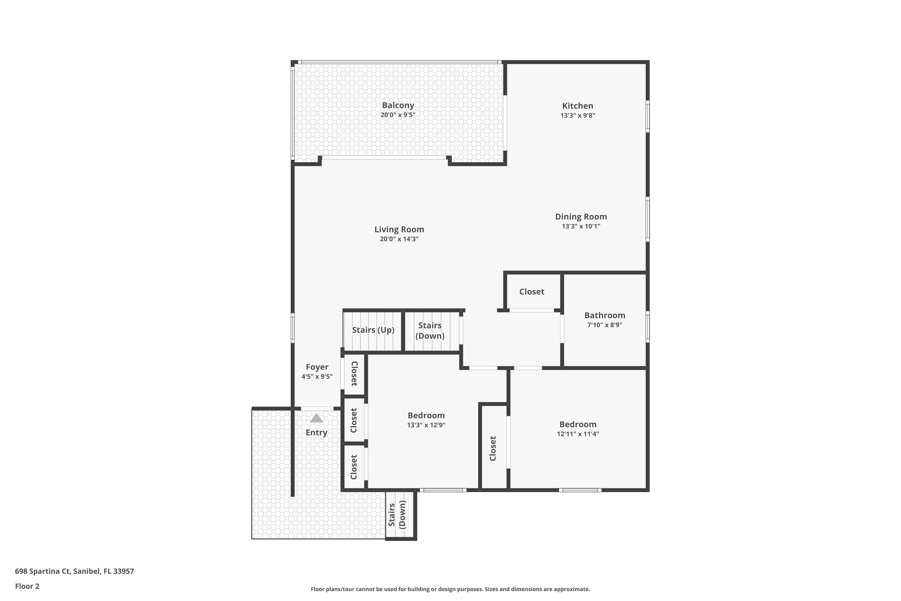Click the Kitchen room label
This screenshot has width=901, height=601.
pos(577,106)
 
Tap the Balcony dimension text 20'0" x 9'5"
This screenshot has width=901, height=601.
pos(398,114)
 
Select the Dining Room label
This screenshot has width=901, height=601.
pos(581,217)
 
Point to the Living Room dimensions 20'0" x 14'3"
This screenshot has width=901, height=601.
pos(399,239)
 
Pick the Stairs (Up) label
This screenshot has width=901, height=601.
pos(373,330)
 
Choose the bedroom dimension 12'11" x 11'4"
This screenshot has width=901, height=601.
pos(578,434)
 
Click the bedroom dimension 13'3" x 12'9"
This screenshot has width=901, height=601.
pos(426,425)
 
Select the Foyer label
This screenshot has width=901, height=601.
pos(317,367)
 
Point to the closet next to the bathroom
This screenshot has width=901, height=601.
pos(532,292)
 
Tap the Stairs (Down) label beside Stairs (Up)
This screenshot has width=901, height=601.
pos(430,330)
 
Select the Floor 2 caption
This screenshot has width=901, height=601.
pos(27,586)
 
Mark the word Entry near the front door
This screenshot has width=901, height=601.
pos(317,432)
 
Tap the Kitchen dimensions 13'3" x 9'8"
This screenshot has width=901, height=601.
pos(577,115)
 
